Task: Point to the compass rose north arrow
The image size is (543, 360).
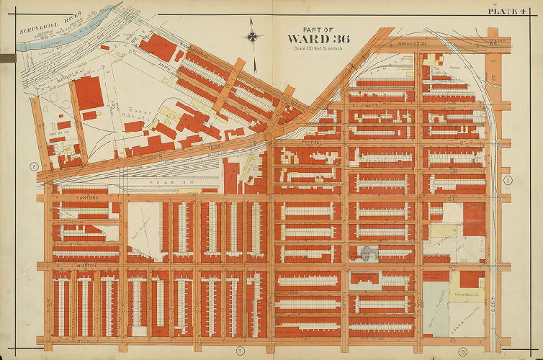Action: [253, 35]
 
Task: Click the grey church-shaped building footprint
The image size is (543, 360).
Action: [368, 253]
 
